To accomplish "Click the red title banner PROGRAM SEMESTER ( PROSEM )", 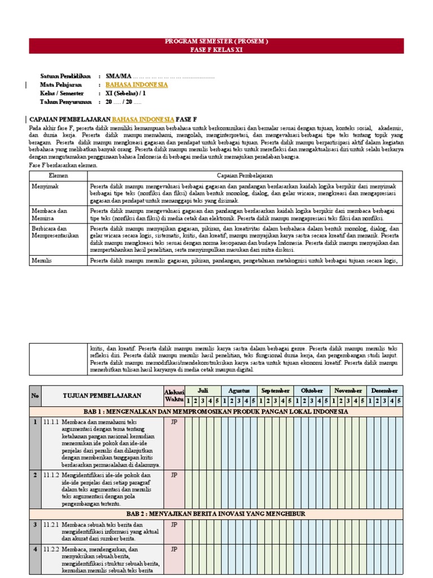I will [216, 42].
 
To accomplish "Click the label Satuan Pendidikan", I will [65, 76].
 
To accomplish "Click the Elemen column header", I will [58, 176].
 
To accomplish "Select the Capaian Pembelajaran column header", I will [245, 176].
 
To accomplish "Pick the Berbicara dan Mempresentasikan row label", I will [55, 232].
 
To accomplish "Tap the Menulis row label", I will [42, 260].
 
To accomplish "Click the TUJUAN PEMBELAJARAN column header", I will [102, 396].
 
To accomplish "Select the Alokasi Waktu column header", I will [174, 395].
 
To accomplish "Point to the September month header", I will [275, 391].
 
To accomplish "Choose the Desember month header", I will [385, 391].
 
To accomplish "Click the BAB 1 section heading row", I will [216, 411].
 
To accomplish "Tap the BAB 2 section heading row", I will [216, 514].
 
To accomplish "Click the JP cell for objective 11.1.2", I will [174, 475].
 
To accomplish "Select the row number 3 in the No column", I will [35, 524].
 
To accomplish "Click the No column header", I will [35, 396].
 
